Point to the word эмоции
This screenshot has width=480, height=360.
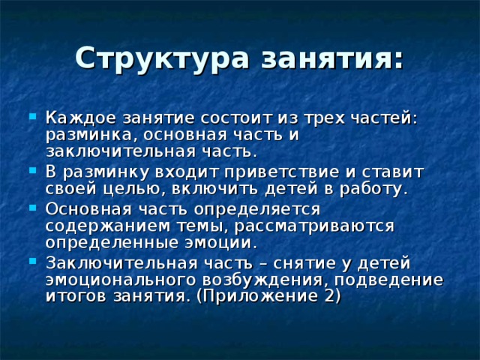point(225,242)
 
